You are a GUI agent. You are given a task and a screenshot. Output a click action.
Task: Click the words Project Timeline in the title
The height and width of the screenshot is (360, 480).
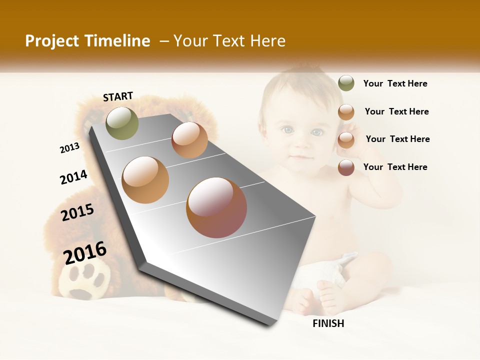tap(87, 41)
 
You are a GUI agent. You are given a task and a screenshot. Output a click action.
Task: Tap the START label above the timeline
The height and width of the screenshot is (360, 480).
tap(118, 96)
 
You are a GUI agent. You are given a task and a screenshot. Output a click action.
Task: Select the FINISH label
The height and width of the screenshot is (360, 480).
tap(328, 323)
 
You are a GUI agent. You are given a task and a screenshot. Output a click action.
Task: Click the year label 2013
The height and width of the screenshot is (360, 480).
tap(69, 148)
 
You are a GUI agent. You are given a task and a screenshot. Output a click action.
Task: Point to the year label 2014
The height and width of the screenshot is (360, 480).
tap(73, 177)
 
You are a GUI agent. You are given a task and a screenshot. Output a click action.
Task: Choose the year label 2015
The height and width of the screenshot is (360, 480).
tap(77, 212)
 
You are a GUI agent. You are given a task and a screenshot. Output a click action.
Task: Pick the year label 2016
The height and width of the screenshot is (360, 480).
tap(85, 252)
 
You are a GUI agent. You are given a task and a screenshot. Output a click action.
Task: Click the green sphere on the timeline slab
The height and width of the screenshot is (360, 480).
tap(122, 123)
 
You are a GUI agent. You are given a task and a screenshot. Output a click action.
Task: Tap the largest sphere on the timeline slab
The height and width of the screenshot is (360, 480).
tap(216, 207)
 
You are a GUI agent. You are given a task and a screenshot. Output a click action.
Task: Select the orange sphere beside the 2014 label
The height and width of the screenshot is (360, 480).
tap(145, 179)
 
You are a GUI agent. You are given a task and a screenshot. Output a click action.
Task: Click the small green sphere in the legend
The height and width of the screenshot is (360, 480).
tap(346, 83)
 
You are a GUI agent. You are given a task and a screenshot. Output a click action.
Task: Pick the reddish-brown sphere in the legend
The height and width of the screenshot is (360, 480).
tap(346, 167)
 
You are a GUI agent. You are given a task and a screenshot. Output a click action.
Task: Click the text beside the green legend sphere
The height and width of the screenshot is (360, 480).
tap(395, 84)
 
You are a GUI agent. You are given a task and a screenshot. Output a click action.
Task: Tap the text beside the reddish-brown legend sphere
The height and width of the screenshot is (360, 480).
tap(395, 167)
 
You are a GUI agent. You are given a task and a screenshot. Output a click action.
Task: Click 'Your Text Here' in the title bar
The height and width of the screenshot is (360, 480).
tap(229, 41)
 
